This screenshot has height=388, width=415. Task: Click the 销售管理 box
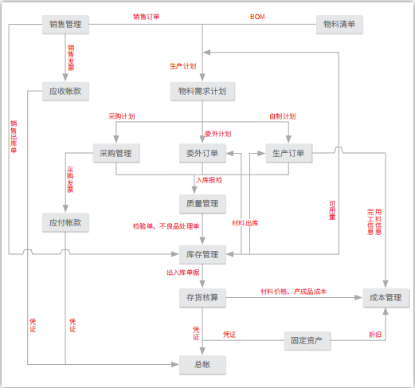point(65,25)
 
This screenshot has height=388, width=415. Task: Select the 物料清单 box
point(339,25)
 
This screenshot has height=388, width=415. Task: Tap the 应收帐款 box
point(65,91)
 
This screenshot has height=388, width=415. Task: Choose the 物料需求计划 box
point(202,91)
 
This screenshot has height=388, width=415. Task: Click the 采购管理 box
point(116,153)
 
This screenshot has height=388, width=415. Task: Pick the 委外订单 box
point(202,153)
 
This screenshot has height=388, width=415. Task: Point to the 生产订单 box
point(288,153)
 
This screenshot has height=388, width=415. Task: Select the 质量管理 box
point(202,204)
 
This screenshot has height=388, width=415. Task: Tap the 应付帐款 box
point(65,222)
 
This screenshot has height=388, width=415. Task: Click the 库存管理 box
point(202,255)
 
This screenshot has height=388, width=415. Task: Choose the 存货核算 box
point(202,298)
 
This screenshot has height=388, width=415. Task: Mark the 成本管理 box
point(386,298)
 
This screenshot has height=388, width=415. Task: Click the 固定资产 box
point(307,341)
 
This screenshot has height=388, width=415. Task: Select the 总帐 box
point(202,364)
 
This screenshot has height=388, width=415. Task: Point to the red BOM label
point(257,16)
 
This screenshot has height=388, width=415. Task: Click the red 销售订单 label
point(146,16)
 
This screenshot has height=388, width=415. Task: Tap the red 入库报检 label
point(209,180)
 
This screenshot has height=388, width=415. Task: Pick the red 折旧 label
point(374,334)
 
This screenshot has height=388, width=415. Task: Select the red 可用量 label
point(332,209)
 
